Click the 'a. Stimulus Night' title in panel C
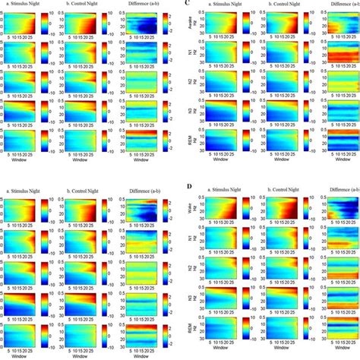pos(227,5)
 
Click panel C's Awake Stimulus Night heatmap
pos(225,23)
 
